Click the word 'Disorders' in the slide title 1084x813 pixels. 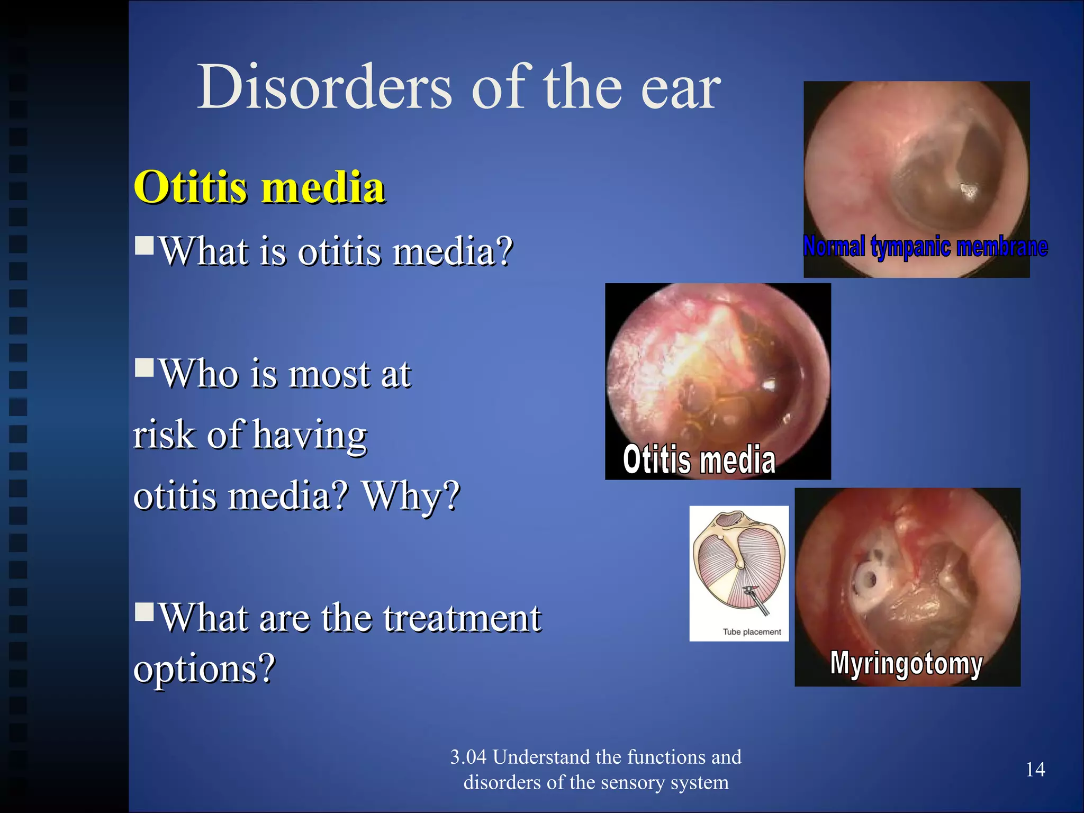point(324,87)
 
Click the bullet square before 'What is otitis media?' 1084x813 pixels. point(144,245)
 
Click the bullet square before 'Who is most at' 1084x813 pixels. point(144,367)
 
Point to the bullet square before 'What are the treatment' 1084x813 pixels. point(144,611)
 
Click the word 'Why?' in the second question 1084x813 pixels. point(411,496)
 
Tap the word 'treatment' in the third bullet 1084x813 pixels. point(462,618)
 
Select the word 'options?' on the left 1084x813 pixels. point(204,668)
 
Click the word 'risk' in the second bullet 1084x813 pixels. point(164,435)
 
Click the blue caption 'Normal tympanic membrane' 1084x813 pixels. point(925,247)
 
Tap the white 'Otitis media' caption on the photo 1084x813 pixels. point(699,459)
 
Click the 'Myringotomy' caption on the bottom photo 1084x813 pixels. point(906,663)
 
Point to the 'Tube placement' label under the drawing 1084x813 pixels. point(752,632)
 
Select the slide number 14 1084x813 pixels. point(1035,769)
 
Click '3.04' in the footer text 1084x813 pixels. point(468,757)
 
